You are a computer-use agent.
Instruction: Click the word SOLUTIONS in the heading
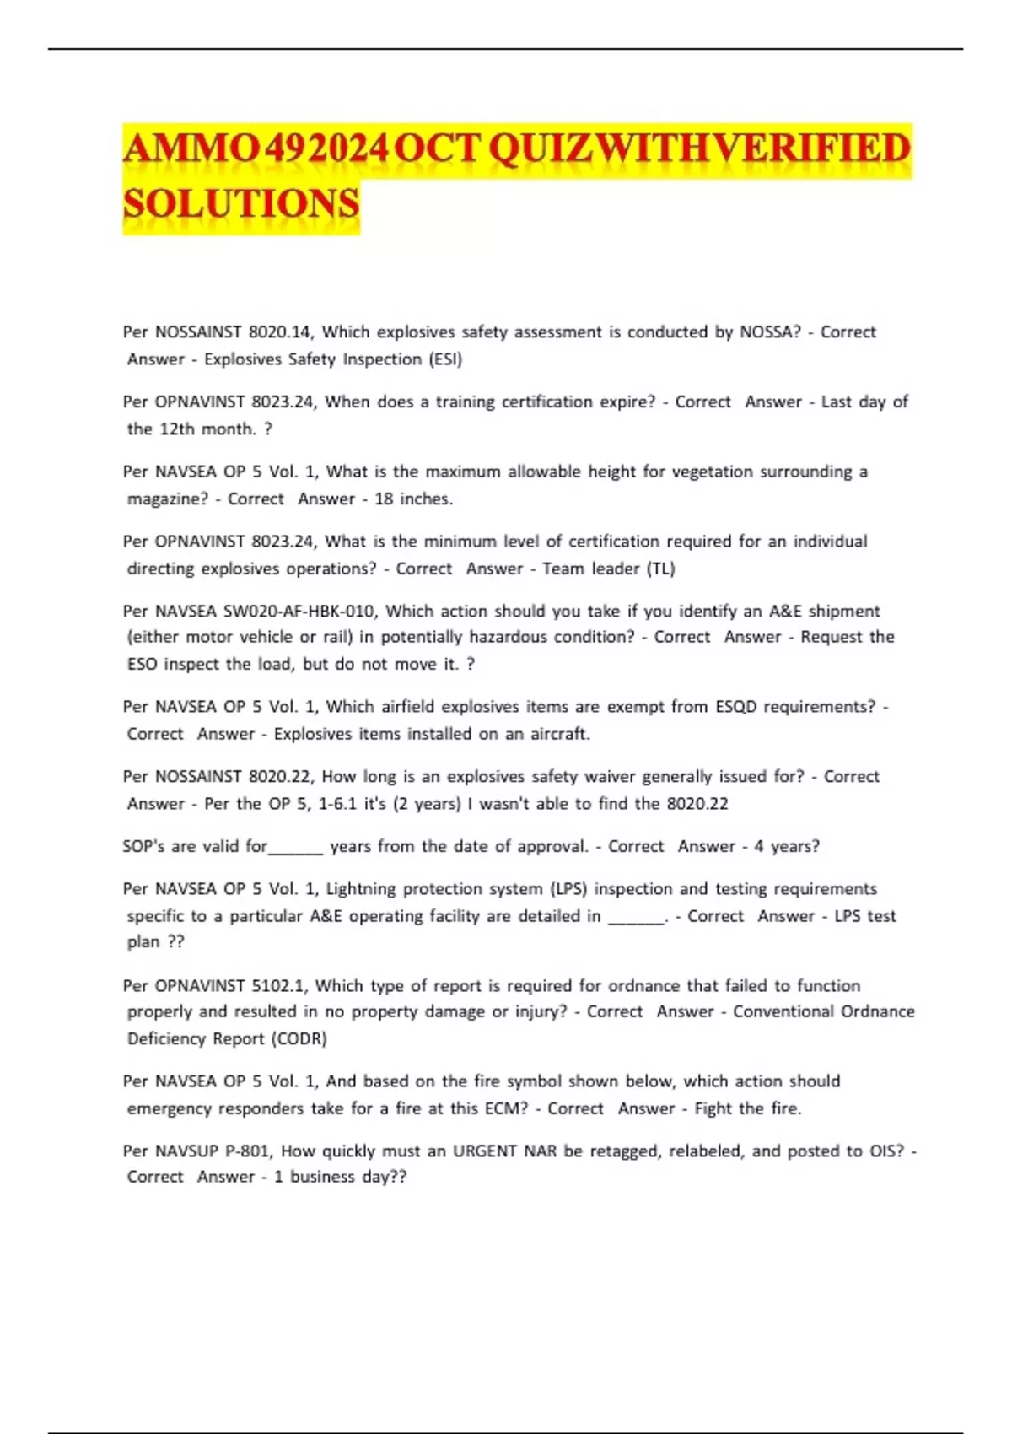pos(241,205)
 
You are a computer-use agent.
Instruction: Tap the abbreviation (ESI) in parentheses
pos(445,359)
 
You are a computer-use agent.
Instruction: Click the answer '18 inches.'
pos(413,499)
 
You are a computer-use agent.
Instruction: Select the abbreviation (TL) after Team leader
pos(660,569)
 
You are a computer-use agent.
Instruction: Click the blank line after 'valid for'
pos(295,848)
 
